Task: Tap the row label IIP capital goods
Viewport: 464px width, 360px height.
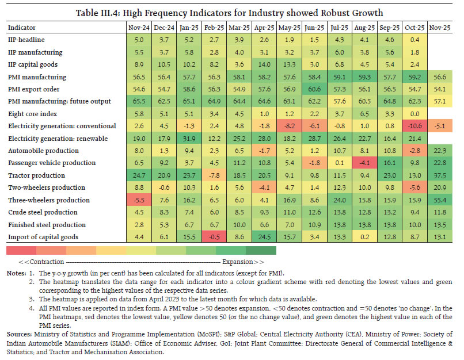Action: pos(32,64)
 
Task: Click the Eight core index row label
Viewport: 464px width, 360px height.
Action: pos(31,114)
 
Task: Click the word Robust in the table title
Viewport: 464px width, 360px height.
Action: pos(318,11)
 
